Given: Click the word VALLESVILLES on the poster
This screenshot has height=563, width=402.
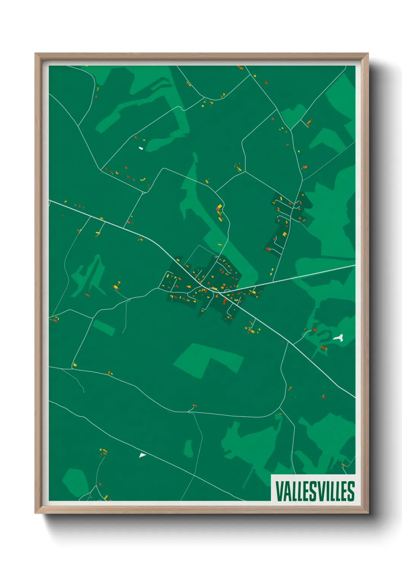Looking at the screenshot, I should (x=315, y=491).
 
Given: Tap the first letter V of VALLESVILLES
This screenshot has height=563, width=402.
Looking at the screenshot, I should (x=279, y=491).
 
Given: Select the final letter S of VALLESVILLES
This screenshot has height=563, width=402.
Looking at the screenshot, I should (x=351, y=491).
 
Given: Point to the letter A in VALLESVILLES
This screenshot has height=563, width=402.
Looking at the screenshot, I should (x=286, y=491).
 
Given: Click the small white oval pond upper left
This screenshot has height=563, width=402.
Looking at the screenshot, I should (x=141, y=148).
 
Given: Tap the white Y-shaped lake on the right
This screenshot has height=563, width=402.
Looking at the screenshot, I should (x=339, y=337).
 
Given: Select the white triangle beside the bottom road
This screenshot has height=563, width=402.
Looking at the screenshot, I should (x=142, y=455).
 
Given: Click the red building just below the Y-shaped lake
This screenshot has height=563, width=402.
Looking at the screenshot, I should (x=324, y=348).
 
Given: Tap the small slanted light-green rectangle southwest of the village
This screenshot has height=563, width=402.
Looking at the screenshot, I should (x=103, y=328).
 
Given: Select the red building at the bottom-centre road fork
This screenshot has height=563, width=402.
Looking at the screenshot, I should (x=194, y=406).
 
